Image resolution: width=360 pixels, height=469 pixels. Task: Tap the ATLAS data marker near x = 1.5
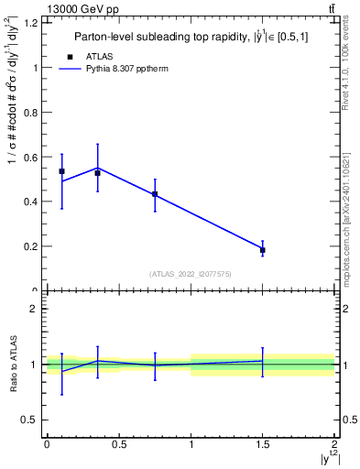[263, 249]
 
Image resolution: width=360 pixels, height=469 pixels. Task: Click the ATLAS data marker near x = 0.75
[155, 194]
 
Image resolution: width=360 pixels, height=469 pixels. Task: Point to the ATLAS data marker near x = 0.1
[61, 171]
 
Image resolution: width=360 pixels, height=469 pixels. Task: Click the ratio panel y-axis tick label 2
[34, 309]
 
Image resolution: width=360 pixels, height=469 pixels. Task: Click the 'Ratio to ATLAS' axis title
[12, 365]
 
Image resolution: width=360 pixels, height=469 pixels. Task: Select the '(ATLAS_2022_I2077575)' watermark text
[191, 273]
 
